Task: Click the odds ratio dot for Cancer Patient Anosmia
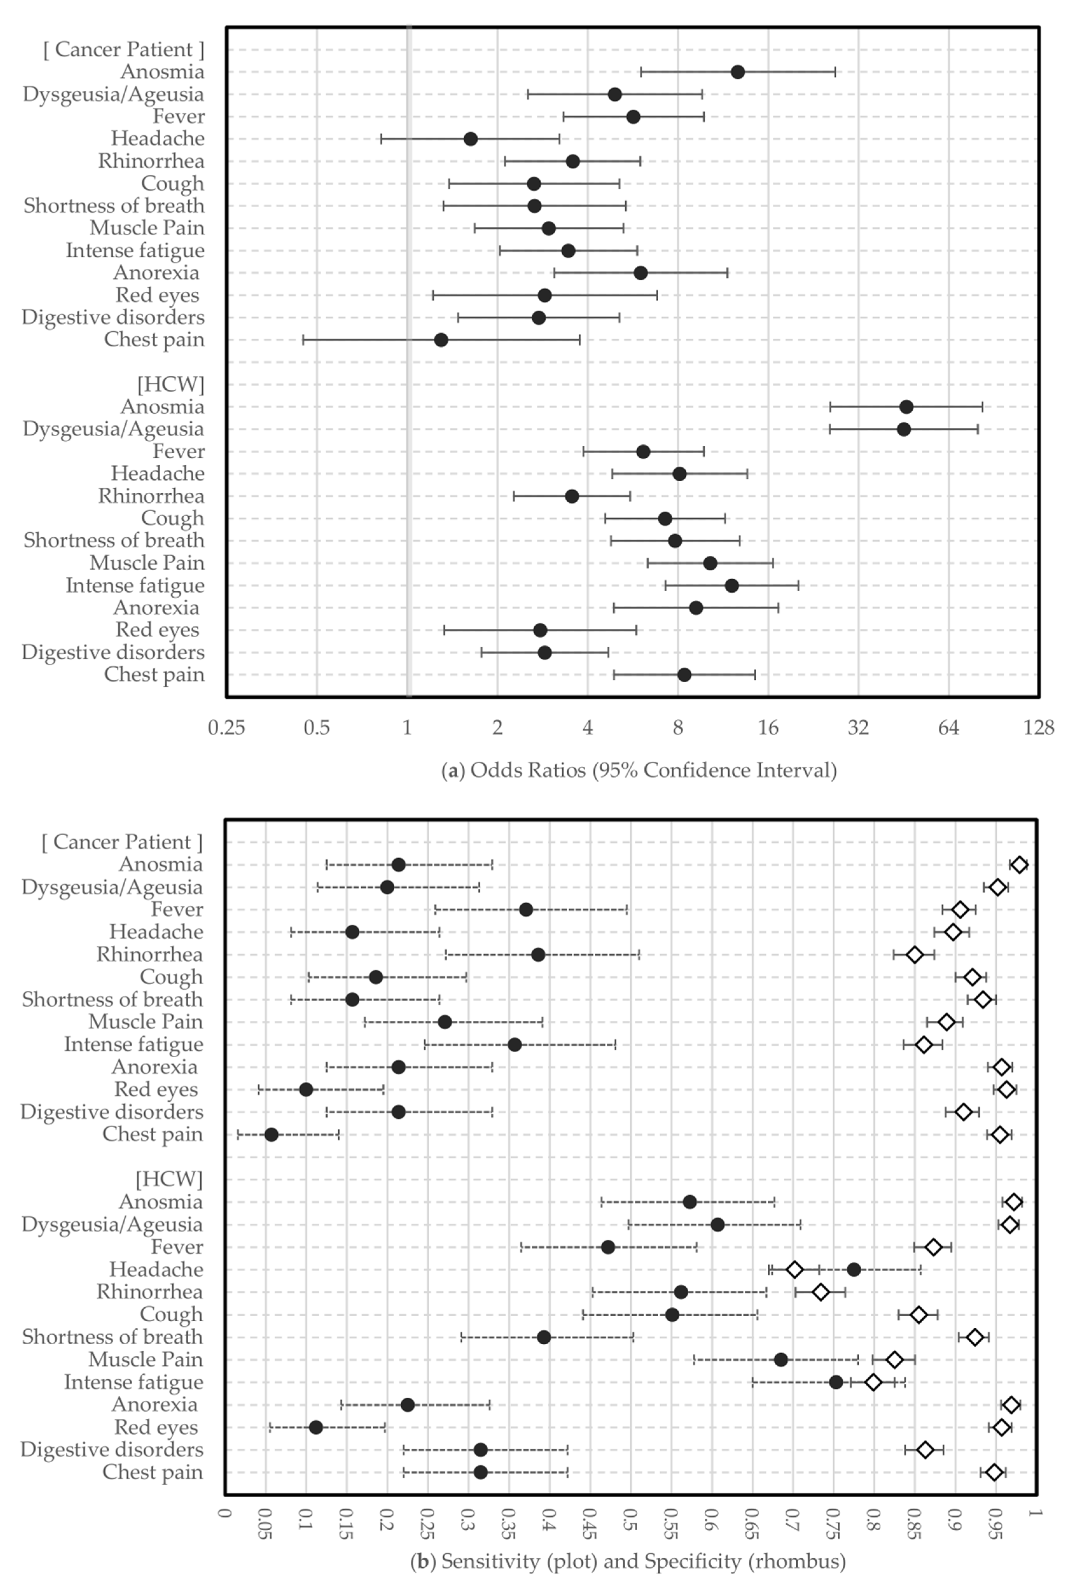point(738,72)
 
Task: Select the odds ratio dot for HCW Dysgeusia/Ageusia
point(904,429)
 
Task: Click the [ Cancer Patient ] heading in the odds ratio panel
point(123,50)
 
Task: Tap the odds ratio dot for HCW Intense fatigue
point(731,586)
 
